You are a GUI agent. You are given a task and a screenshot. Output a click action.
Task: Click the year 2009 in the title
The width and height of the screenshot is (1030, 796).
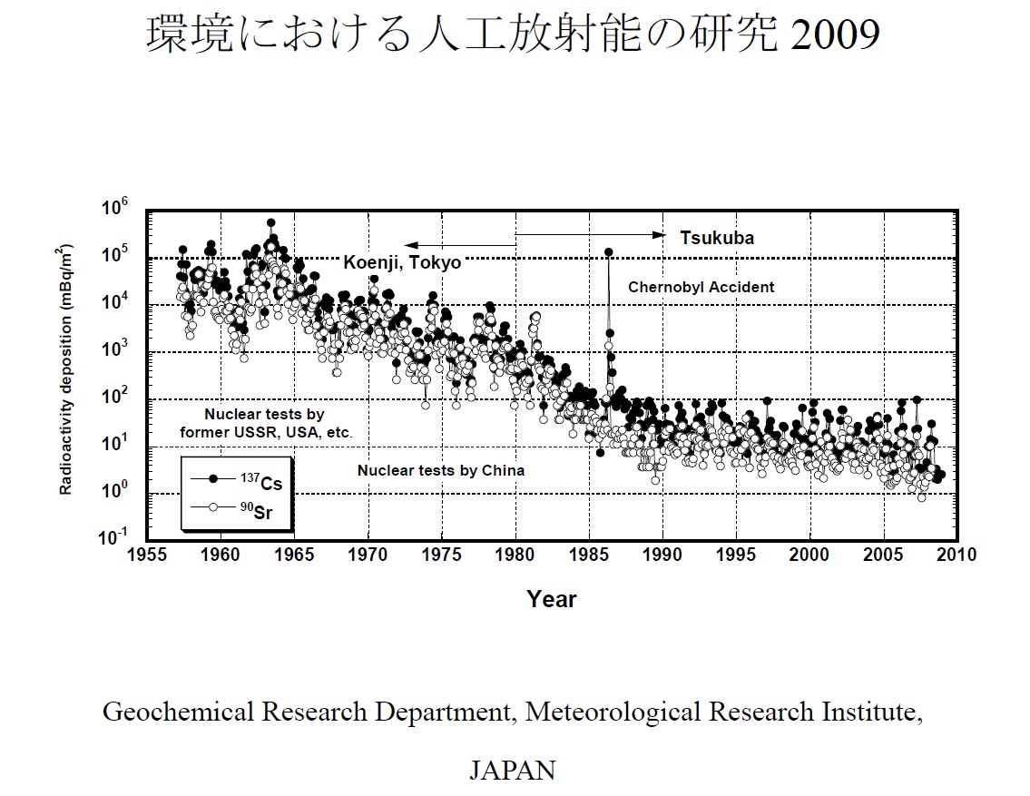836,35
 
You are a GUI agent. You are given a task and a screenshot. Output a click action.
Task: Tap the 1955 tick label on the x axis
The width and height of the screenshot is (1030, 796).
147,554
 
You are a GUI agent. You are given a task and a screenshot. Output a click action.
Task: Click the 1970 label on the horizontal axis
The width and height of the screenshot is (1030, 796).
368,554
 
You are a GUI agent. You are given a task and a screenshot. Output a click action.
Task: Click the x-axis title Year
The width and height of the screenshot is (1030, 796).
552,599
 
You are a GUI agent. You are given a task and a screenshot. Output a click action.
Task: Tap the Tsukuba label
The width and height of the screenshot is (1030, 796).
717,239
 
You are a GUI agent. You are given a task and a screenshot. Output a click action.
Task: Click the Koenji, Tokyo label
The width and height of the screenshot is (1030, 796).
402,262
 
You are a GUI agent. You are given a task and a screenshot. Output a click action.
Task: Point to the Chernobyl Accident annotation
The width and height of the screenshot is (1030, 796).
701,287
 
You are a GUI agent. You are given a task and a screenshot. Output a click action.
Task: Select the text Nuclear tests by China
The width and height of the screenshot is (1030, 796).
440,470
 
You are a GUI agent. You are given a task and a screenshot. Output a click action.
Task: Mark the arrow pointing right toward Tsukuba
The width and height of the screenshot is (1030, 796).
591,234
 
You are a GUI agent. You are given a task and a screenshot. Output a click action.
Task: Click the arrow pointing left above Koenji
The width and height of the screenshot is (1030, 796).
460,245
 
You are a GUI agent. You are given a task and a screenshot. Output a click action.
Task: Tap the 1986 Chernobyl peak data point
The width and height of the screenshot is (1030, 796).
608,252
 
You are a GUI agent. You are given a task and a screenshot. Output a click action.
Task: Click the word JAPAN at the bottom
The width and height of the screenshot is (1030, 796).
512,771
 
